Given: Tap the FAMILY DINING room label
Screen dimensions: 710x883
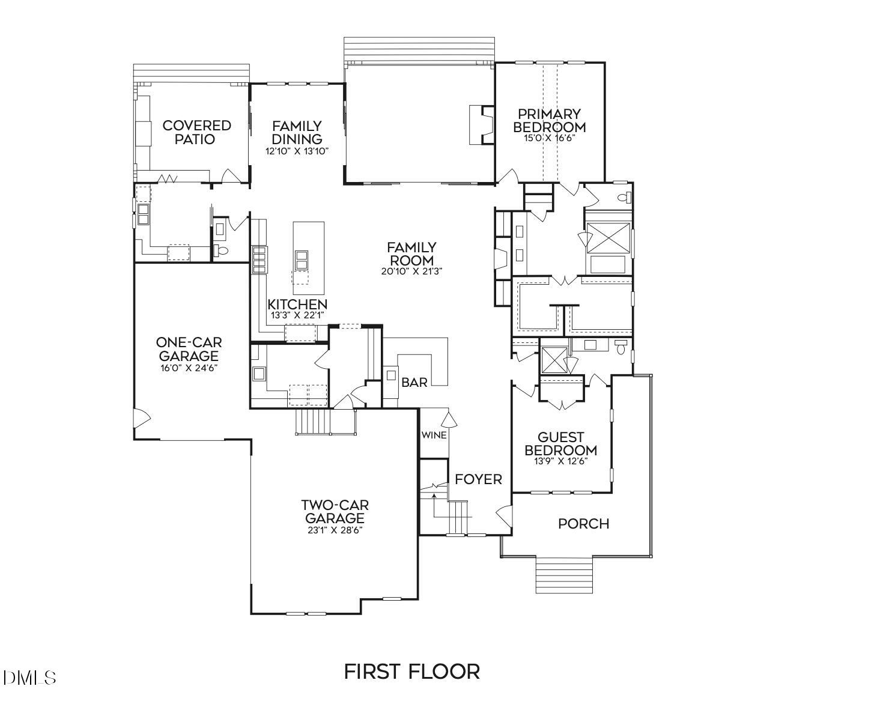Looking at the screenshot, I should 297,132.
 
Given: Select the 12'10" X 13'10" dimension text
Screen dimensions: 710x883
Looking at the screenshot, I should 297,151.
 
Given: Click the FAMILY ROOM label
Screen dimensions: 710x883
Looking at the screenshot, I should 411,253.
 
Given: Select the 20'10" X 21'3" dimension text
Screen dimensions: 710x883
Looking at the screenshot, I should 411,272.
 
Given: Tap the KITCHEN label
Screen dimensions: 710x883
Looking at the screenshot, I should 297,305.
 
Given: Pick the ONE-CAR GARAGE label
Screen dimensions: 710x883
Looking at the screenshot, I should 189,349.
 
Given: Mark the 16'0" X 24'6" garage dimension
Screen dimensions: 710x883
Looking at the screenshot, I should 189,368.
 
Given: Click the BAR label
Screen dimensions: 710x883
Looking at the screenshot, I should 414,383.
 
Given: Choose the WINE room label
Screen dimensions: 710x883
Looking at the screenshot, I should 434,435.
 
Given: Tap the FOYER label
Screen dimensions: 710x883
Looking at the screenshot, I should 478,479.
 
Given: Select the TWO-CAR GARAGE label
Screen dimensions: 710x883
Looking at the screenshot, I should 335,511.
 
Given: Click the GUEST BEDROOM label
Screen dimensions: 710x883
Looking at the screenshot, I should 560,444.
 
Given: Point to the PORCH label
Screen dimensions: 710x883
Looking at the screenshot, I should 583,524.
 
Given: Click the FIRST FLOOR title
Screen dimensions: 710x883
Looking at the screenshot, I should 411,671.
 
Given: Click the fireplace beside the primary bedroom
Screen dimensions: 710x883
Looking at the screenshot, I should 482,125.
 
